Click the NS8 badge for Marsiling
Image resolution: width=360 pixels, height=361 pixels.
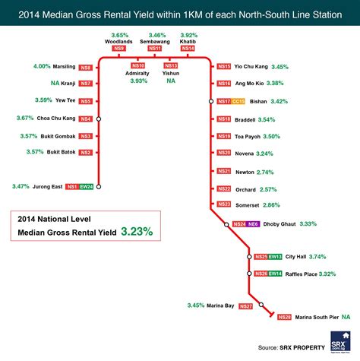tap(85, 68)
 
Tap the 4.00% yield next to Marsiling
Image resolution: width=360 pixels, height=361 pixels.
tap(42, 67)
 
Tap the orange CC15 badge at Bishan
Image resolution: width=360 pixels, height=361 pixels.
tap(238, 101)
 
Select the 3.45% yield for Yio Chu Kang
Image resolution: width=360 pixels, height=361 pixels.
tap(279, 67)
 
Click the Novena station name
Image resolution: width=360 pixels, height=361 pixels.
tap(245, 153)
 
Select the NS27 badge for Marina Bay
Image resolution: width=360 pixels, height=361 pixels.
tap(245, 306)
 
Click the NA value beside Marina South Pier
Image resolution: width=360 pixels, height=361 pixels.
tap(346, 316)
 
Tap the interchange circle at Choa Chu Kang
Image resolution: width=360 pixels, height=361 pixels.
tap(98, 119)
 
